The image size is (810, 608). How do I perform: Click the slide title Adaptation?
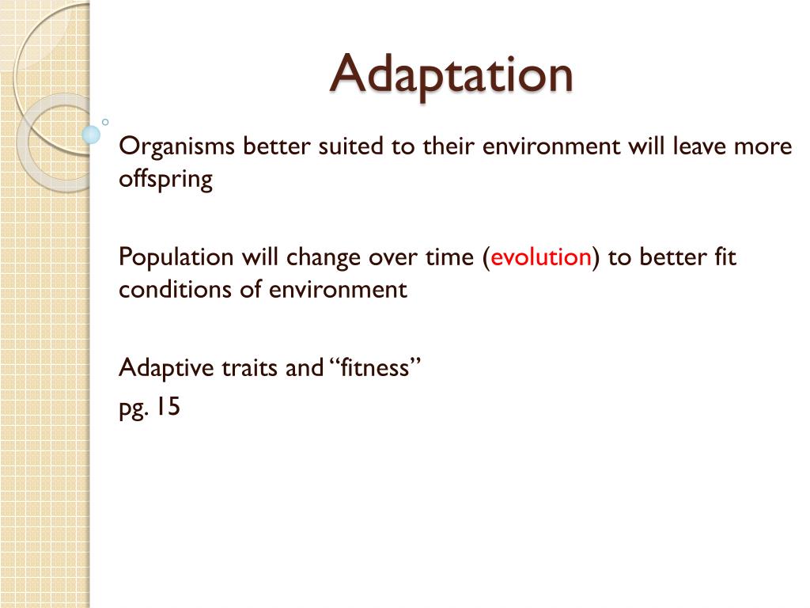click(x=452, y=74)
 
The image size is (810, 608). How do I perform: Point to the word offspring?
click(x=165, y=180)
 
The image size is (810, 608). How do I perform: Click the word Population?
click(x=176, y=257)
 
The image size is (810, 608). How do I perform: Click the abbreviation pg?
click(x=133, y=409)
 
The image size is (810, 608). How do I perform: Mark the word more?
click(x=766, y=148)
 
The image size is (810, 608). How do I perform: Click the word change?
click(x=324, y=258)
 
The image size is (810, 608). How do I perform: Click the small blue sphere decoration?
click(x=92, y=135)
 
